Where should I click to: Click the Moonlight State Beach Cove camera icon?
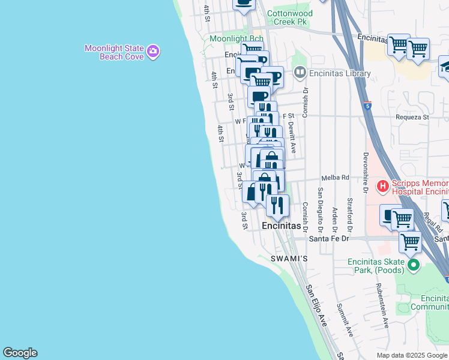(153, 52)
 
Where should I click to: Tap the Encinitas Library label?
(340, 74)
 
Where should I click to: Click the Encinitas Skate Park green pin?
(413, 264)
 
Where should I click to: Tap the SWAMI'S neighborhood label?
(288, 259)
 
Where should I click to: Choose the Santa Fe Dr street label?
(328, 238)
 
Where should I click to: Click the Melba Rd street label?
(335, 178)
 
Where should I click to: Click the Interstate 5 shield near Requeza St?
(367, 106)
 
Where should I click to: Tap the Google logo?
(20, 353)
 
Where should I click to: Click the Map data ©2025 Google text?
(412, 355)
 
